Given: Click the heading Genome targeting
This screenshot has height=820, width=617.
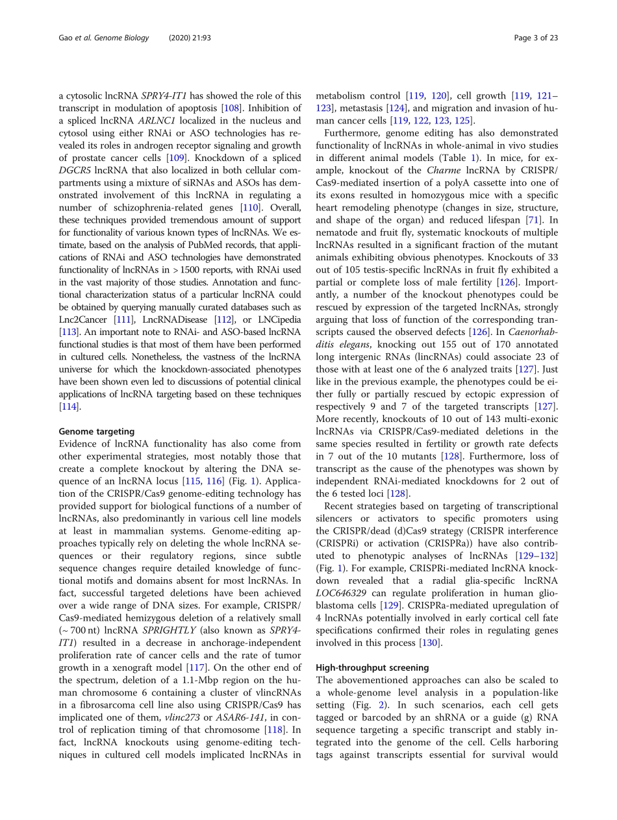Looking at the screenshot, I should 97,431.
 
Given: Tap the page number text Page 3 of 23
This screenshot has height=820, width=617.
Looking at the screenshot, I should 535,38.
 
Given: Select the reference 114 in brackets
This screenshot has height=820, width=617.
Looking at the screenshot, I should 69,406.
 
